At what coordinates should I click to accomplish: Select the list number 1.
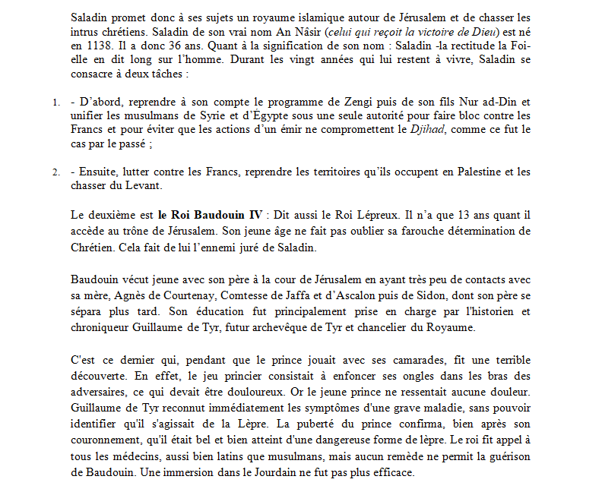55,101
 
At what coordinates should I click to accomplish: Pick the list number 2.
55,172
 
